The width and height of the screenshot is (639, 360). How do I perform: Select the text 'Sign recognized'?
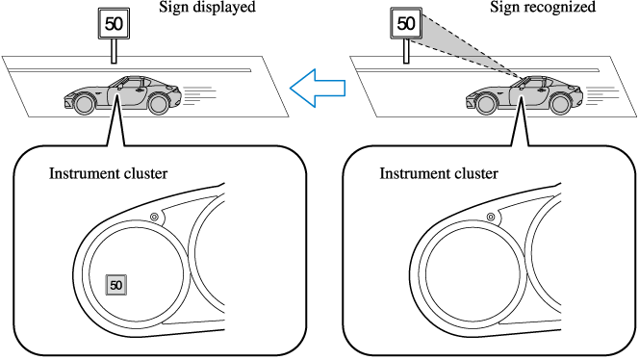pyautogui.click(x=556, y=8)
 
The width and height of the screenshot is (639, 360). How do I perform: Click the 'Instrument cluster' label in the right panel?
pyautogui.click(x=439, y=174)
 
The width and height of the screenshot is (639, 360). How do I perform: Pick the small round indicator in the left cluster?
pyautogui.click(x=152, y=218)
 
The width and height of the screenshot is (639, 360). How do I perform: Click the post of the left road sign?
pyautogui.click(x=115, y=50)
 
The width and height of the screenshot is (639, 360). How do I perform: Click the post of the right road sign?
pyautogui.click(x=405, y=52)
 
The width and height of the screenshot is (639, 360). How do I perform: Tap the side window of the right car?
pyautogui.click(x=532, y=83)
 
